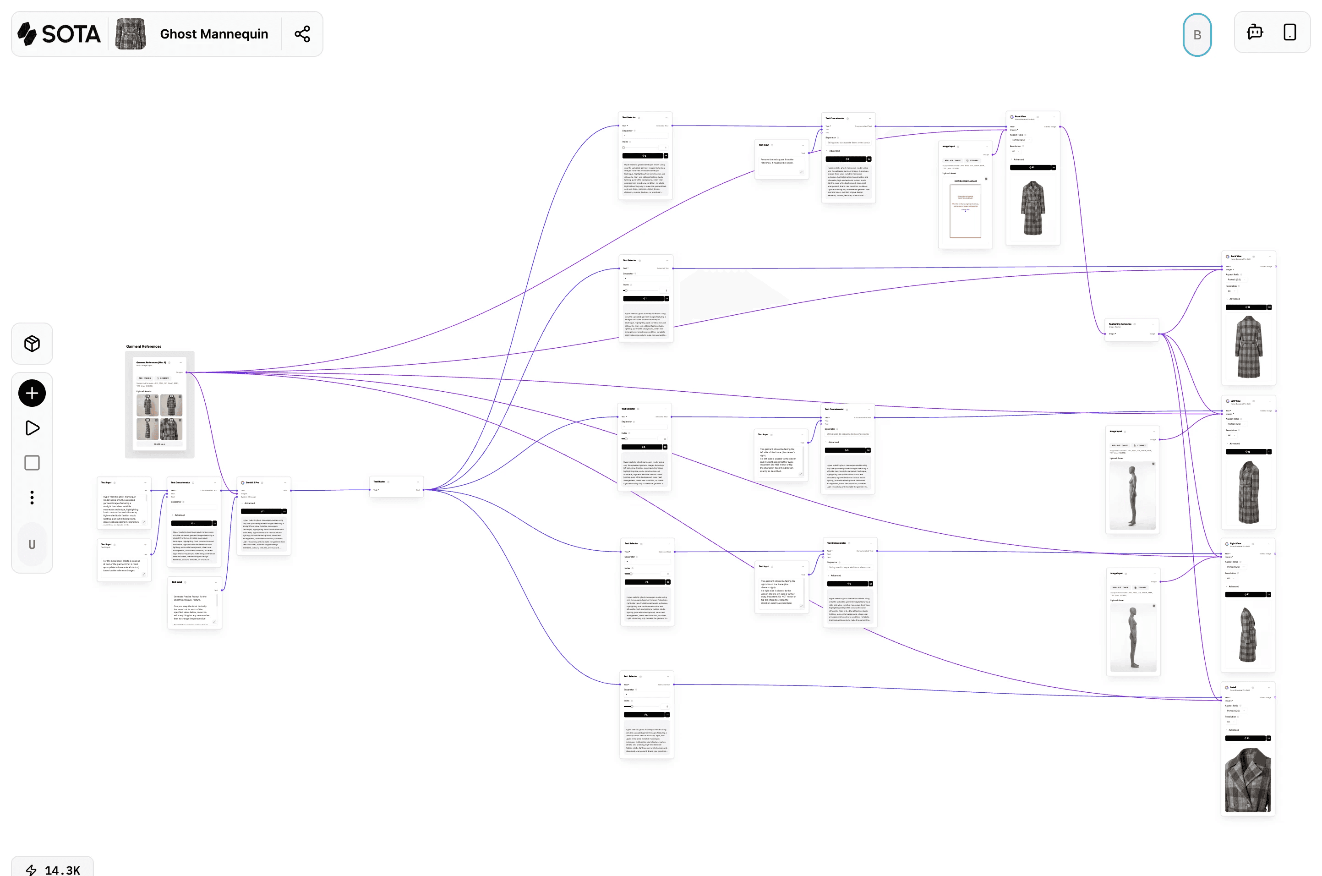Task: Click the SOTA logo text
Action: click(x=71, y=34)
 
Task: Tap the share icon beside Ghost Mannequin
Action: click(x=302, y=34)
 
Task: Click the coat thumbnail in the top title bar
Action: click(x=131, y=34)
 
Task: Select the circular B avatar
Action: click(x=1196, y=35)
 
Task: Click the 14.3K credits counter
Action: click(x=53, y=869)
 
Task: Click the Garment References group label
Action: click(x=143, y=346)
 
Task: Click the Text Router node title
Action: click(x=379, y=482)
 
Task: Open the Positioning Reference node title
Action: click(x=1120, y=324)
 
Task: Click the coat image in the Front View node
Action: click(x=1032, y=208)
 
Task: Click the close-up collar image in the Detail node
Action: click(x=1247, y=780)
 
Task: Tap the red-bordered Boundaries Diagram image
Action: click(x=965, y=211)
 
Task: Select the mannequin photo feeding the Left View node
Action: click(x=1132, y=495)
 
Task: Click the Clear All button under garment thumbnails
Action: click(x=160, y=444)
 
